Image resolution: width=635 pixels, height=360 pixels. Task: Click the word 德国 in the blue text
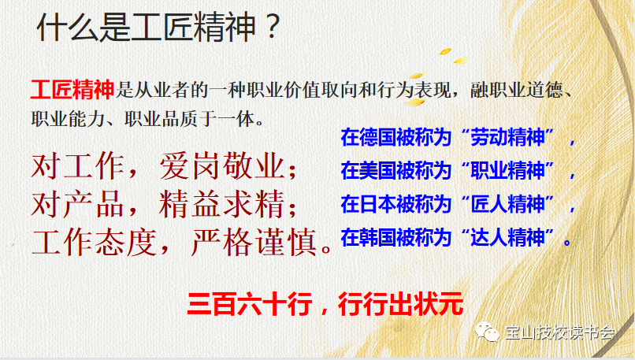pyautogui.click(x=376, y=137)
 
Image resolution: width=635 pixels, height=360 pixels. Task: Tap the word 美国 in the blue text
pyautogui.click(x=376, y=170)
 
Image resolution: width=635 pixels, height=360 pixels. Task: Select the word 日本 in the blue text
pyautogui.click(x=376, y=203)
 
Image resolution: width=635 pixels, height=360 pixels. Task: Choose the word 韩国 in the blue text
pyautogui.click(x=376, y=236)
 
